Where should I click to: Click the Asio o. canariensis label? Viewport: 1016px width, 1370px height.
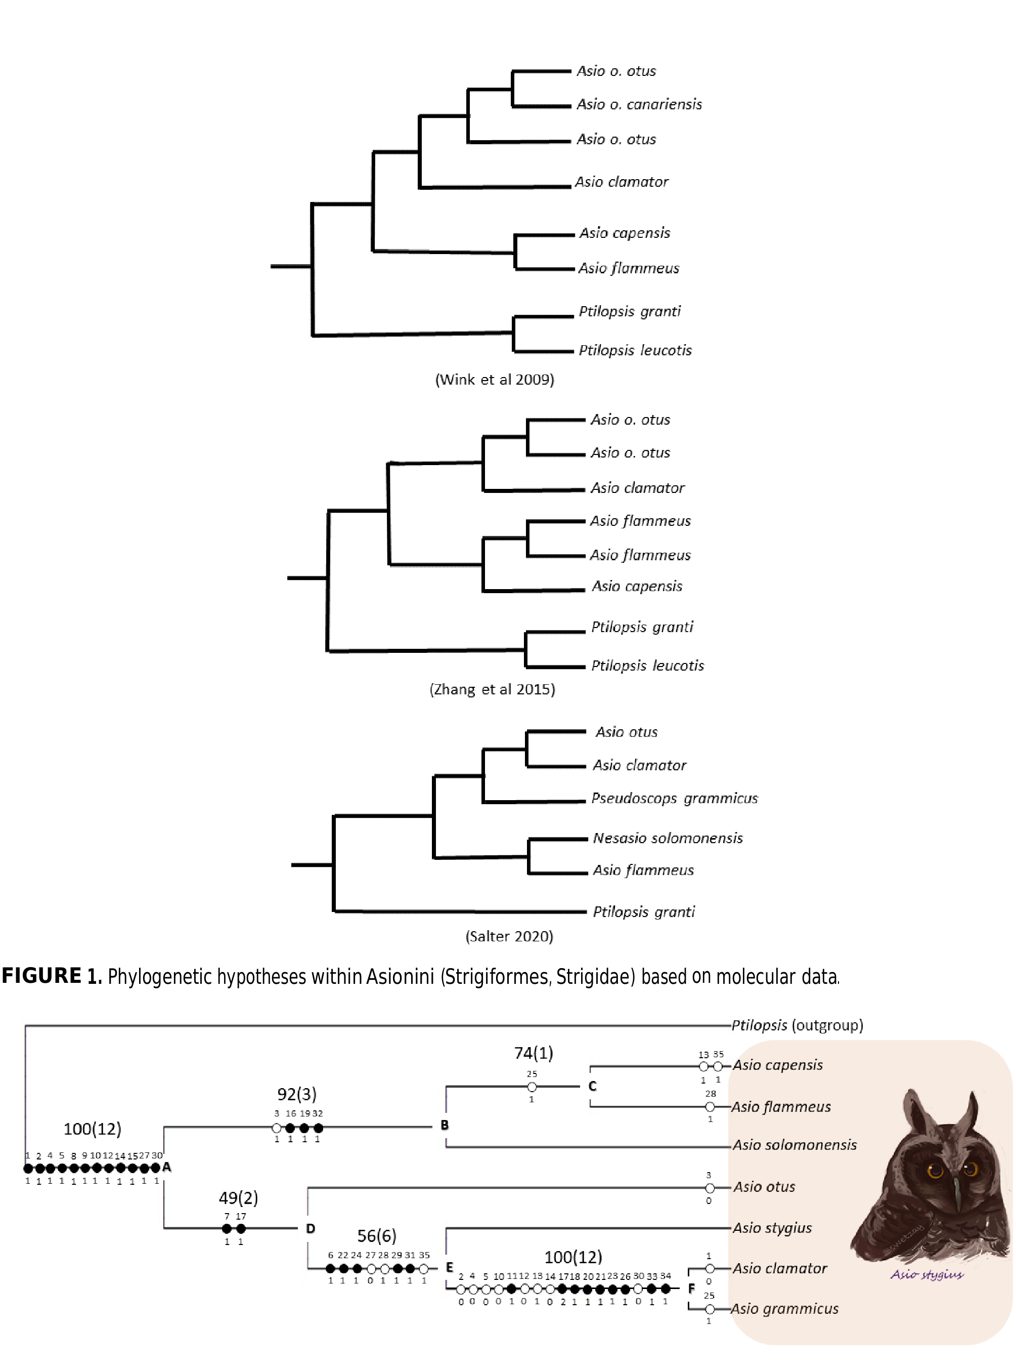tap(639, 105)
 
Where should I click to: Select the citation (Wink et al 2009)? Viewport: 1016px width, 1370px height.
tap(495, 380)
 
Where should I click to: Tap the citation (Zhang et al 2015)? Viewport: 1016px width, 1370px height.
tap(492, 689)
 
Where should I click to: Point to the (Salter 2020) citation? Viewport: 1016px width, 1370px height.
tap(509, 936)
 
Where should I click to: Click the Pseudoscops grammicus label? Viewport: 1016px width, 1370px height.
tap(674, 798)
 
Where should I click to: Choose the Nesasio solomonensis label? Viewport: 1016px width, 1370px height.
tap(667, 838)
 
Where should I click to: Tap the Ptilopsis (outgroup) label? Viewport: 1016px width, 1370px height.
tap(797, 1025)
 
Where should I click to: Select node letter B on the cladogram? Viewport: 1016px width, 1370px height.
tap(445, 1125)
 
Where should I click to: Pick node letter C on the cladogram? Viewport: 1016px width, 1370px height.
tap(592, 1086)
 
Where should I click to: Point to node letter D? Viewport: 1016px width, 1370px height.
tap(311, 1228)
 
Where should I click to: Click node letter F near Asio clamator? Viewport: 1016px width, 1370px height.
tap(691, 1288)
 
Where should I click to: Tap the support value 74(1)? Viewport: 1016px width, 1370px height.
tap(533, 1053)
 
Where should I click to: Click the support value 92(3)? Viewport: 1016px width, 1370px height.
tap(296, 1094)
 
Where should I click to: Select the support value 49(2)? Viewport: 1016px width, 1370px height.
tap(238, 1197)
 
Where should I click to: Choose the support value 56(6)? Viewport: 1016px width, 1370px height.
tap(376, 1236)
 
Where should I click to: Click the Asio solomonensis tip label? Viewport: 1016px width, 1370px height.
tap(794, 1145)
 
